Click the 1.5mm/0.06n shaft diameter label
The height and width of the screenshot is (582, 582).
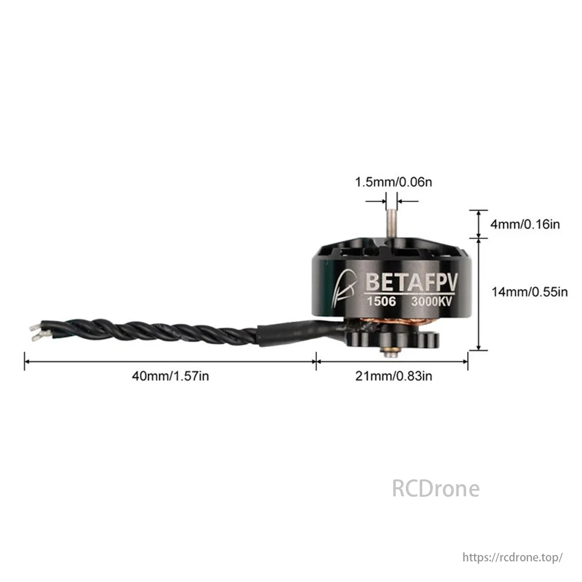click(x=394, y=182)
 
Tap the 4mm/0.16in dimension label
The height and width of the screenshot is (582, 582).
click(x=525, y=224)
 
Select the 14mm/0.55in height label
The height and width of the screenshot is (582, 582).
click(x=529, y=292)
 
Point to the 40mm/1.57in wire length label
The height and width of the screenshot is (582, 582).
click(x=170, y=376)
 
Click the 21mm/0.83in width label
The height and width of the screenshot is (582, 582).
click(x=394, y=376)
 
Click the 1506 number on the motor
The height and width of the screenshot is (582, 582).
click(x=381, y=301)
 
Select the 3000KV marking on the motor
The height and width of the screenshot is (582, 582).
click(x=431, y=302)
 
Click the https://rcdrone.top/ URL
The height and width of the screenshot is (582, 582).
click(x=513, y=557)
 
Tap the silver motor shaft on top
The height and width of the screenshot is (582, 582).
click(x=391, y=224)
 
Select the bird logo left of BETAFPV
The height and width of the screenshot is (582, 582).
click(x=344, y=289)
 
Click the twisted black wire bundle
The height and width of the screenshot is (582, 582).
click(x=149, y=331)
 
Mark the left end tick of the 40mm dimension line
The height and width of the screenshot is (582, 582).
click(x=24, y=361)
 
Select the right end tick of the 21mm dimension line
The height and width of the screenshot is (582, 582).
click(x=468, y=361)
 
